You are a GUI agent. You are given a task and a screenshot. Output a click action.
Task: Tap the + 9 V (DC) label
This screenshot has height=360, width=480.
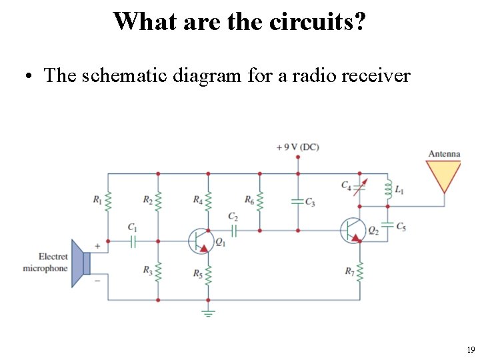(x=297, y=147)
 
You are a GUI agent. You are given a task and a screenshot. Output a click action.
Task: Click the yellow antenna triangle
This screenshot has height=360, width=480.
(x=444, y=175)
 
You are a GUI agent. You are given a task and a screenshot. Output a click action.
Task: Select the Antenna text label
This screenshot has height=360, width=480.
(x=444, y=154)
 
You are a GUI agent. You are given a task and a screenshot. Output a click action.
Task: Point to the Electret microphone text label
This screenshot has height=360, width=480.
(x=46, y=263)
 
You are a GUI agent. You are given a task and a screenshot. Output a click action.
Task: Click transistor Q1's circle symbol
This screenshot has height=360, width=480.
(x=201, y=241)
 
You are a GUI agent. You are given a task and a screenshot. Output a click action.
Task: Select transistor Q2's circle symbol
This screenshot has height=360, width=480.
(x=353, y=230)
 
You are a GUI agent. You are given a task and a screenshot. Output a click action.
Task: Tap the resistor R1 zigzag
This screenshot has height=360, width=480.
(x=108, y=199)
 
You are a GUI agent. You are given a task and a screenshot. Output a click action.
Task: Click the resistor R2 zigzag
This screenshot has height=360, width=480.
(x=158, y=199)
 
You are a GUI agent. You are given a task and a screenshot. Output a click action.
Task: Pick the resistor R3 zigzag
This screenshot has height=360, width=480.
(x=158, y=270)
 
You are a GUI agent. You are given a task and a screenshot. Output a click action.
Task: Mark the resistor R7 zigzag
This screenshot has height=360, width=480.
(x=360, y=271)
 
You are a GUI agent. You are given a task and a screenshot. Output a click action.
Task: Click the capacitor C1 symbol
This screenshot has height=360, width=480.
(x=133, y=241)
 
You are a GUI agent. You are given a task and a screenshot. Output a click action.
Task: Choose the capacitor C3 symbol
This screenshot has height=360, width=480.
(x=297, y=201)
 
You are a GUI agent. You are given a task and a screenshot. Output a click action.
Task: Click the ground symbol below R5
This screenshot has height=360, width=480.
(x=208, y=312)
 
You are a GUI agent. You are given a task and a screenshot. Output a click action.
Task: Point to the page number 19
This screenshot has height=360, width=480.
(x=471, y=349)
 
